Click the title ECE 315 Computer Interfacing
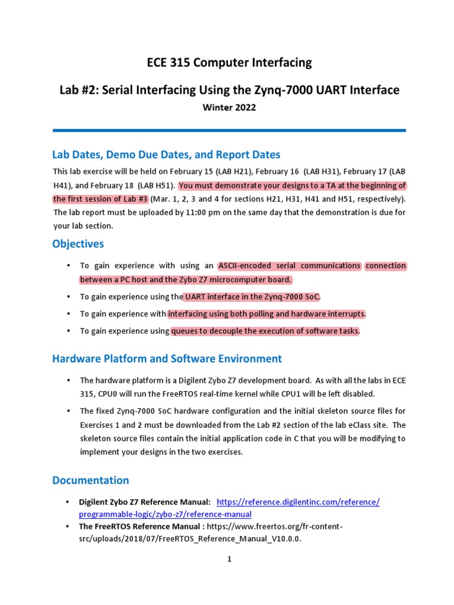229,63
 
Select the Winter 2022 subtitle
229,108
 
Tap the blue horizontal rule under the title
229,130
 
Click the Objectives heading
78,244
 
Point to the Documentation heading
90,480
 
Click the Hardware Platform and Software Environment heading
167,359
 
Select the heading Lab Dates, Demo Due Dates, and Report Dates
166,155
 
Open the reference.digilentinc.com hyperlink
298,502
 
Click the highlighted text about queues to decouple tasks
265,331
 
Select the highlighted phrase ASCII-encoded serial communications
290,266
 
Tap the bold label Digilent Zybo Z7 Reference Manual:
145,502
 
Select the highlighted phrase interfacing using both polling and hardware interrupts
267,314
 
